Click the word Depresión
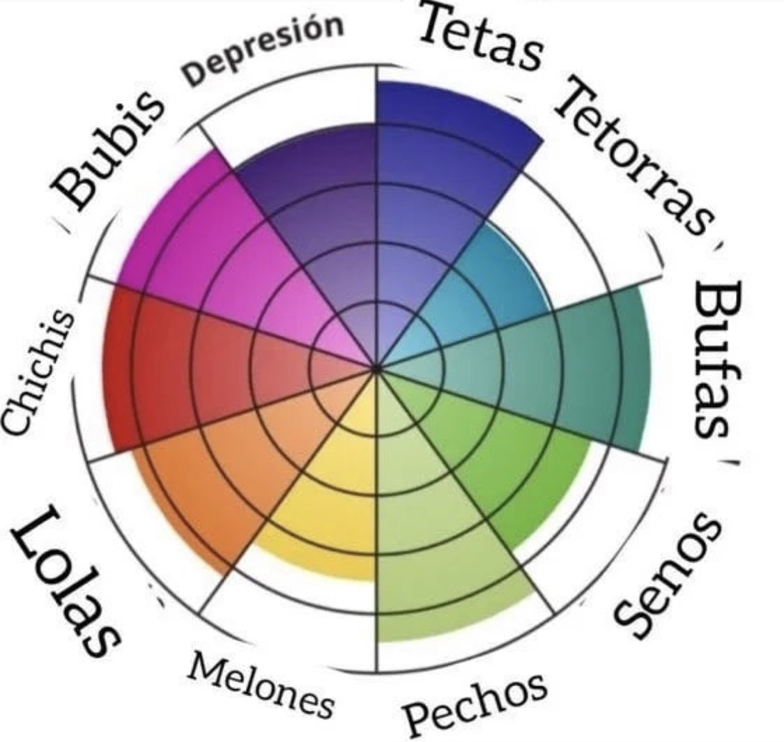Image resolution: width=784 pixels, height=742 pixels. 263,49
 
